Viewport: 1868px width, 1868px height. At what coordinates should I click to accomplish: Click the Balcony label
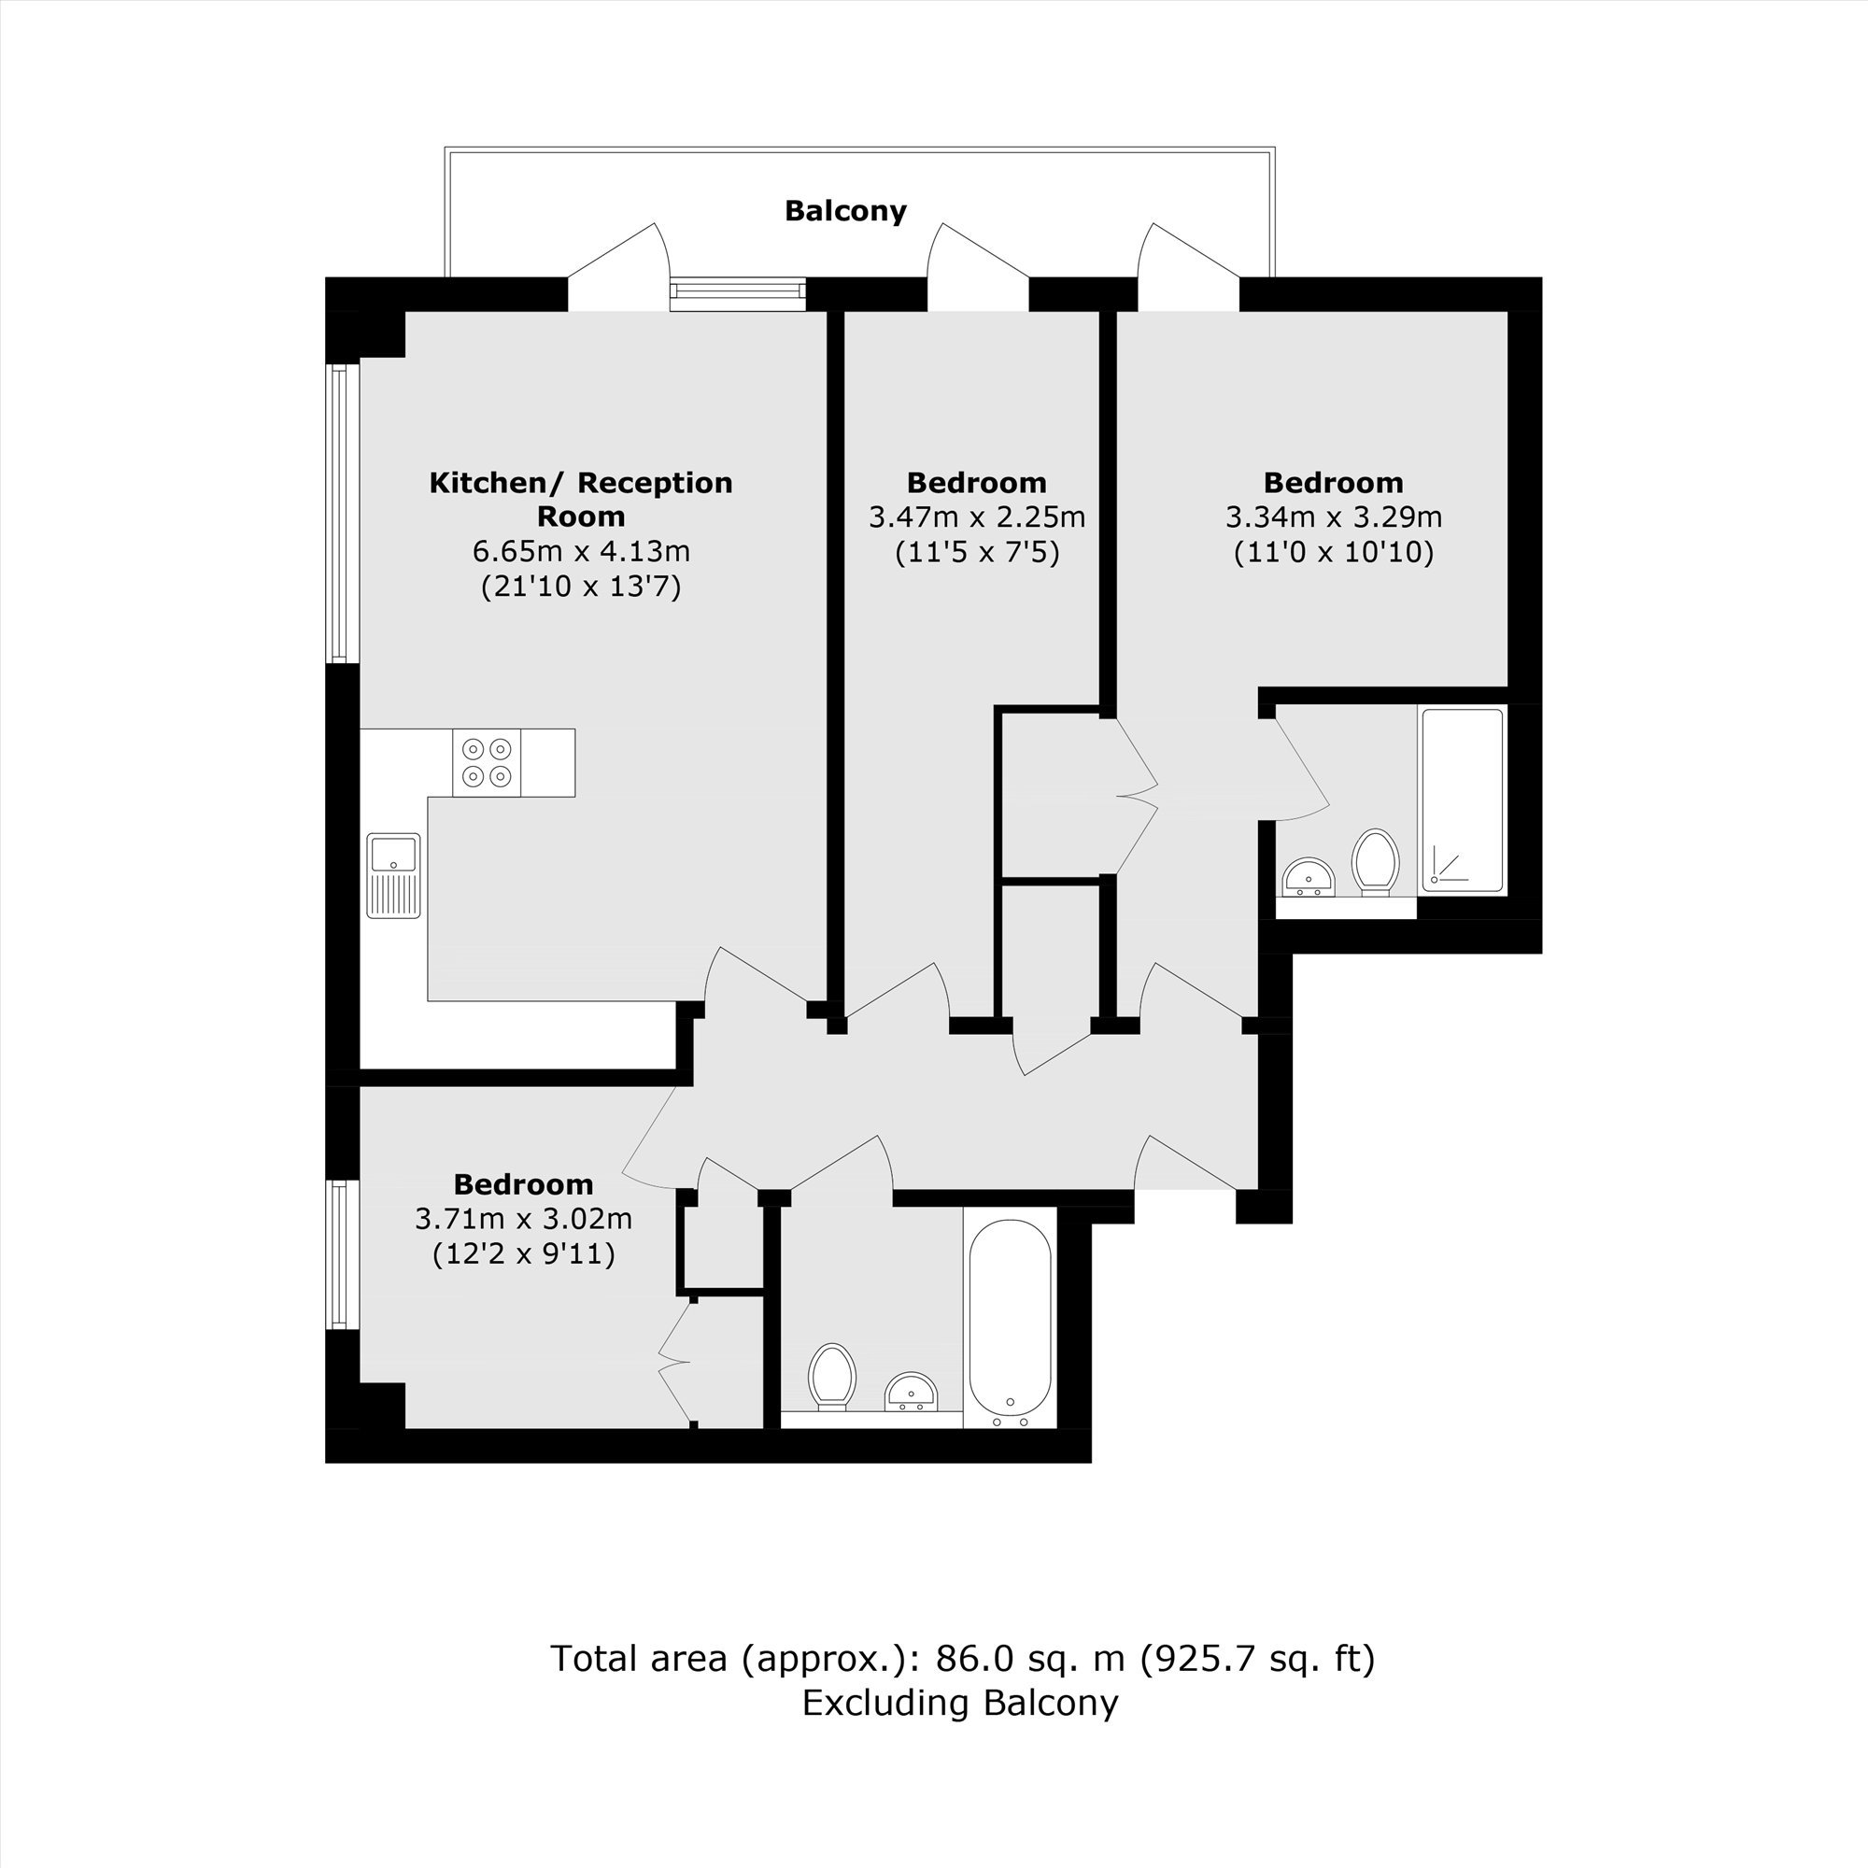click(x=845, y=211)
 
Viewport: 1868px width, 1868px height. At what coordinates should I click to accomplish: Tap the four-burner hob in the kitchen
click(x=487, y=763)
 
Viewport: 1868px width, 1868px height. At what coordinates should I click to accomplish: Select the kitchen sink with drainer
click(x=393, y=875)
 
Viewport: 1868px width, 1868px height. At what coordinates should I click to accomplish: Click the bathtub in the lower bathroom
click(x=1010, y=1323)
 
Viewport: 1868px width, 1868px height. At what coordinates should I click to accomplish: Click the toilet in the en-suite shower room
click(x=1376, y=861)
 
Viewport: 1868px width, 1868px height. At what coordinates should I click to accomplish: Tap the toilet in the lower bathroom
click(x=832, y=1377)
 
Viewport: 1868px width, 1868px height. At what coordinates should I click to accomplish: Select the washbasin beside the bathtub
click(x=911, y=1392)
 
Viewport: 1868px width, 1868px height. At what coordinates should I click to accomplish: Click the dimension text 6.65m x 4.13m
click(x=581, y=551)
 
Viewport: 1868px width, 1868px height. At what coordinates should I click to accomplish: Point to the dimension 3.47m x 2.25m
click(x=977, y=517)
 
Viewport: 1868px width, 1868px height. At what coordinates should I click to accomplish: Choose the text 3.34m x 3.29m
click(x=1334, y=517)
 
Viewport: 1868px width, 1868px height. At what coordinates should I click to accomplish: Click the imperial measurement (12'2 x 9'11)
click(x=523, y=1254)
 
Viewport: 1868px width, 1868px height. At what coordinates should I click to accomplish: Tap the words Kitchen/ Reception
click(x=581, y=483)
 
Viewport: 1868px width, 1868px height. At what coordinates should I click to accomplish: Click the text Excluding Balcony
click(x=960, y=1702)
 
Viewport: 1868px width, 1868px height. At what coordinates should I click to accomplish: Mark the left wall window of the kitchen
click(x=339, y=514)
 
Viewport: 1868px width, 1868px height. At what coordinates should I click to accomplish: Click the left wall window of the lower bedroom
click(x=339, y=1254)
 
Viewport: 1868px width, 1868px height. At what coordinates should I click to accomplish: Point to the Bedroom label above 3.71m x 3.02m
click(x=523, y=1184)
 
